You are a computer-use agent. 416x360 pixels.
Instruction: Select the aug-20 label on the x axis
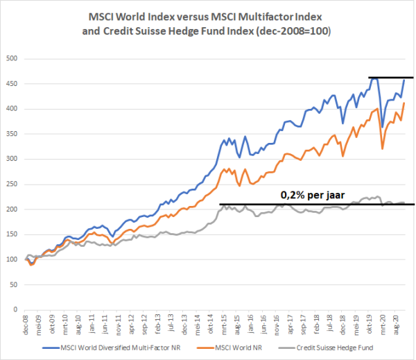coord(396,324)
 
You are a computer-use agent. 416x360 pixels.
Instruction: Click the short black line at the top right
coord(390,78)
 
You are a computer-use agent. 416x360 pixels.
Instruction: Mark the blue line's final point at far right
coord(404,80)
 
